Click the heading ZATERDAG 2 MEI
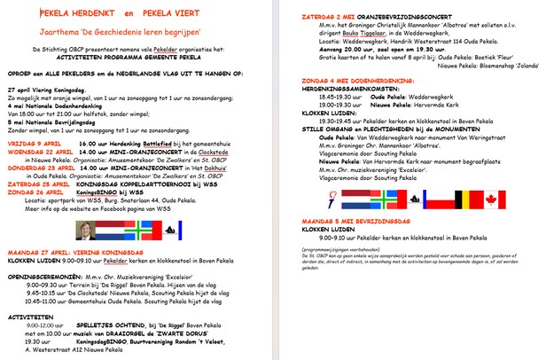tap(329, 16)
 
